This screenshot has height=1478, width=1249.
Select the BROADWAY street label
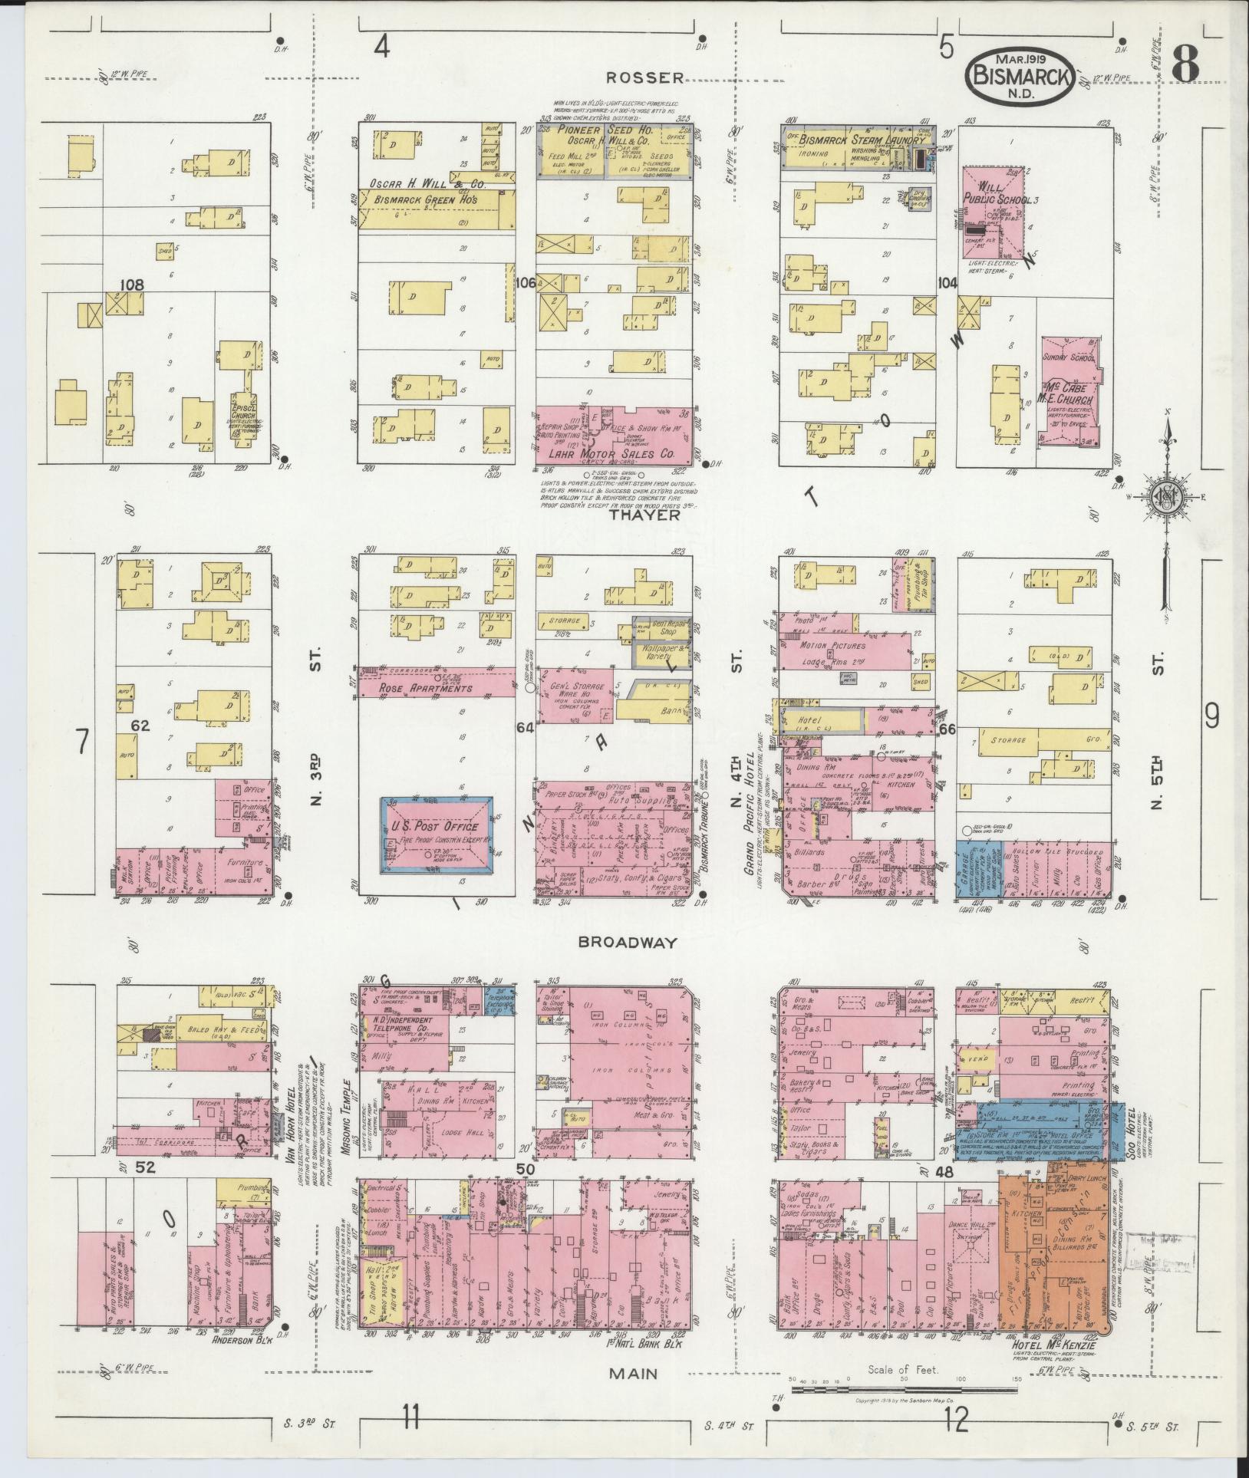click(628, 943)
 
